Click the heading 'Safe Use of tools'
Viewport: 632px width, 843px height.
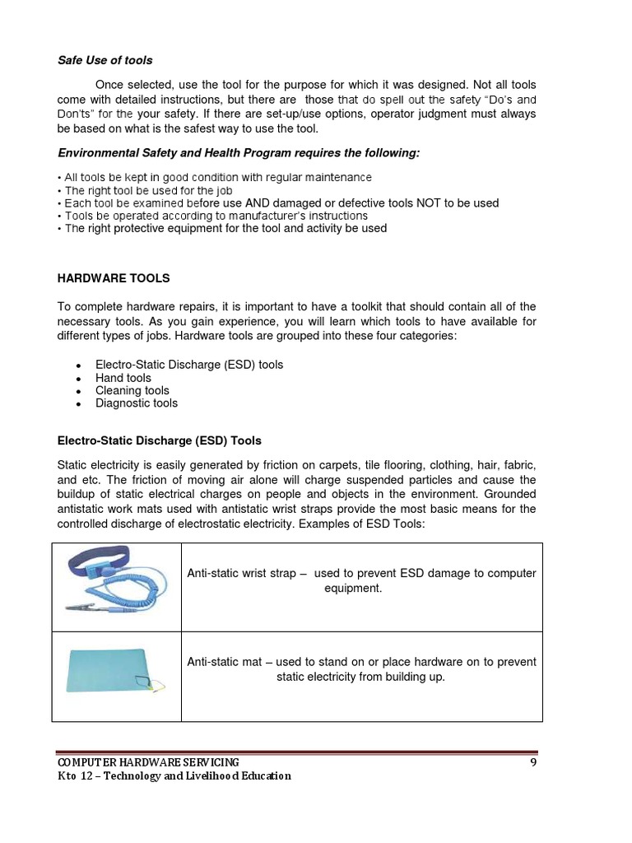click(x=105, y=60)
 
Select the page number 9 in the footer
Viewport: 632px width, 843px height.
click(x=532, y=762)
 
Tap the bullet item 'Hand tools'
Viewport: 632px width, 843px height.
click(x=123, y=378)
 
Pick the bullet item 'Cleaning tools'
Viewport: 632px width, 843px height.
click(x=132, y=390)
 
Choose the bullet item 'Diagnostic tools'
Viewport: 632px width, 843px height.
click(x=137, y=403)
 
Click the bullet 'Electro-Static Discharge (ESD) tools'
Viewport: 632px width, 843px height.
click(x=189, y=365)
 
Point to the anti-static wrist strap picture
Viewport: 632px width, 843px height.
click(x=116, y=586)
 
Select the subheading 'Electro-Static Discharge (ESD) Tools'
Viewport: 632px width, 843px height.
click(x=160, y=440)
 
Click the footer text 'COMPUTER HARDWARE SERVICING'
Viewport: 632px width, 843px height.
click(x=147, y=762)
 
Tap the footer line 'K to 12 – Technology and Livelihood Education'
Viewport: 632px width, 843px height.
click(x=174, y=775)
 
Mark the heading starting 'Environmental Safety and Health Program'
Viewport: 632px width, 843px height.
click(x=238, y=152)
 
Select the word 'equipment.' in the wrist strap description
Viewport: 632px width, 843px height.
click(x=352, y=589)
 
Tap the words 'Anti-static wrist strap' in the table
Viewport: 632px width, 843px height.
click(x=241, y=573)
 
